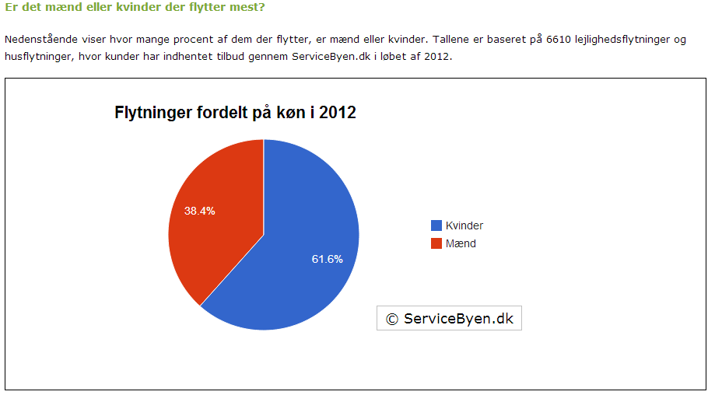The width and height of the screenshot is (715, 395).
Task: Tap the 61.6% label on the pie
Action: pyautogui.click(x=328, y=259)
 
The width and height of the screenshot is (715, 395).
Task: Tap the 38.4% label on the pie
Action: pyautogui.click(x=199, y=211)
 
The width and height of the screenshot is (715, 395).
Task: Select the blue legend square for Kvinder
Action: pyautogui.click(x=436, y=225)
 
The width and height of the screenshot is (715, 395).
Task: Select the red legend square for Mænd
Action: pyautogui.click(x=436, y=243)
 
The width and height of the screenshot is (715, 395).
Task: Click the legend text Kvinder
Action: pyautogui.click(x=464, y=225)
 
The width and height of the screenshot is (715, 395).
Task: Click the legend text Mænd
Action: pyautogui.click(x=461, y=243)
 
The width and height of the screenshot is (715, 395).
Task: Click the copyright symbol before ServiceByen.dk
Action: pyautogui.click(x=391, y=318)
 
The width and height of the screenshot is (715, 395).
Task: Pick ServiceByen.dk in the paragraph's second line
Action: pyautogui.click(x=329, y=57)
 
